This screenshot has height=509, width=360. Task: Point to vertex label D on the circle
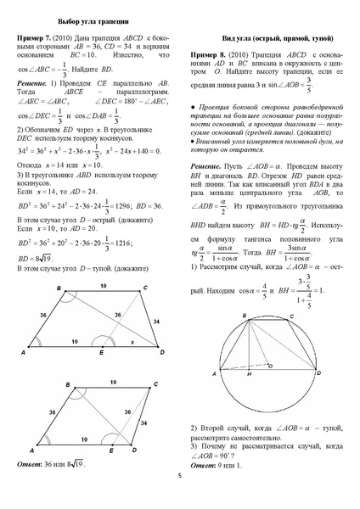(323, 372)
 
